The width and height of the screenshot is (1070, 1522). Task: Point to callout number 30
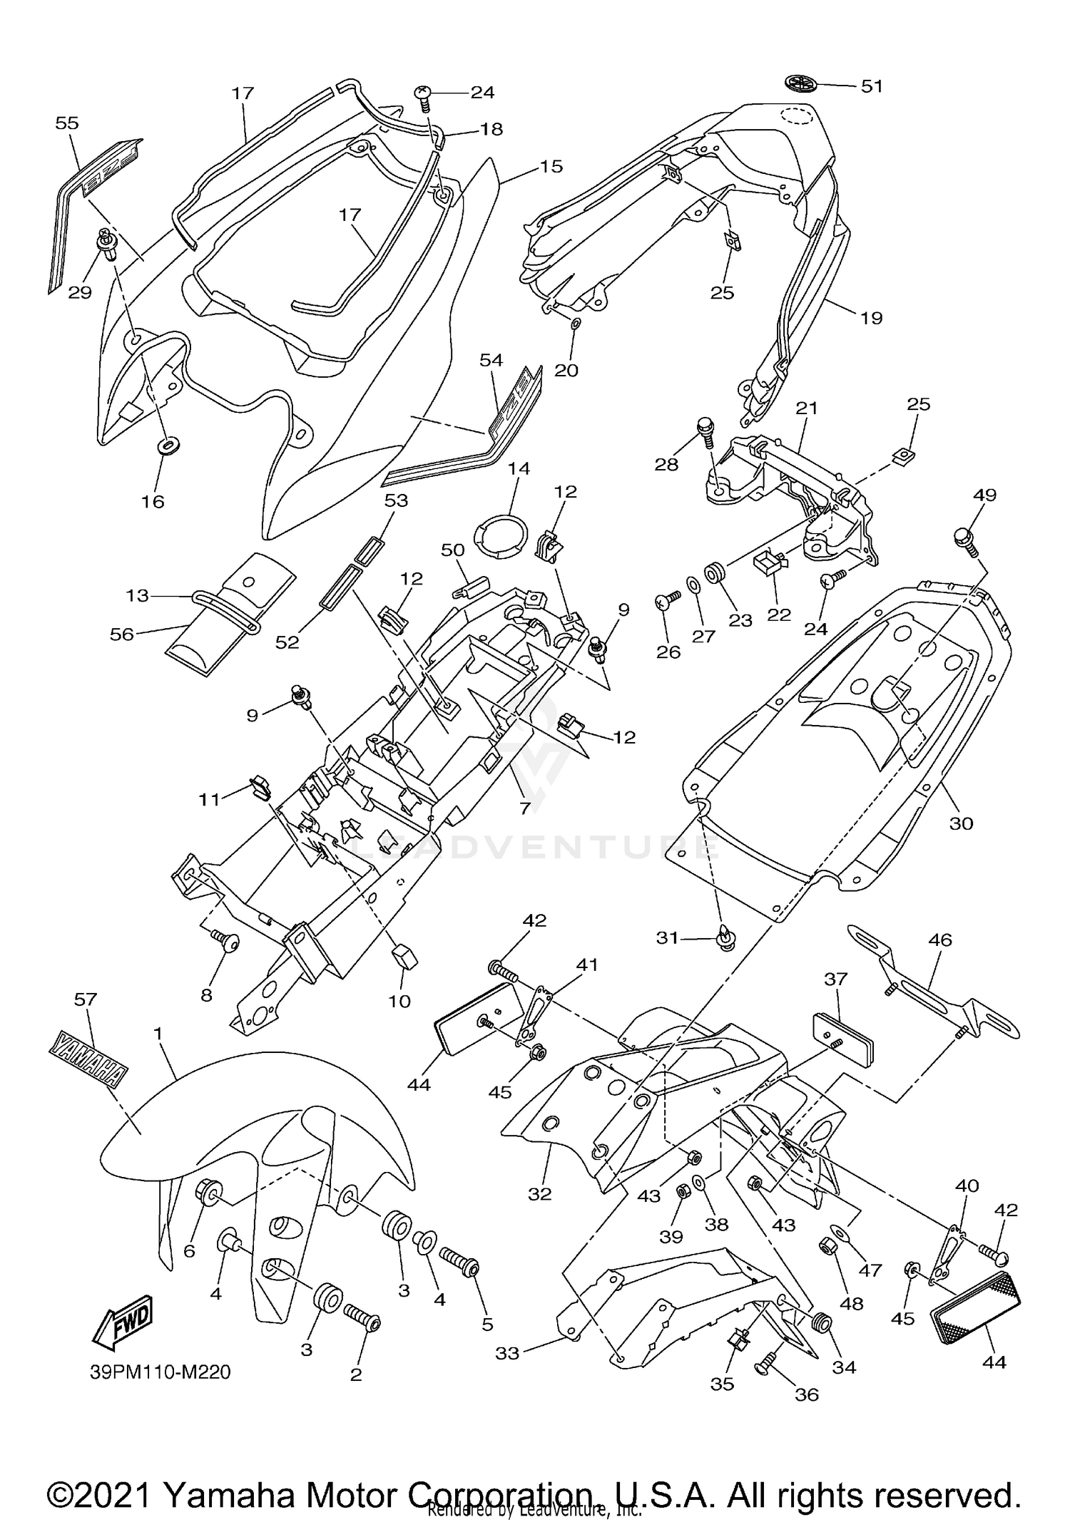(961, 823)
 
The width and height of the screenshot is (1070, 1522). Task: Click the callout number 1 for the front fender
(158, 1033)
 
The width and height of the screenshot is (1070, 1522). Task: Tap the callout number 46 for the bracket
(940, 940)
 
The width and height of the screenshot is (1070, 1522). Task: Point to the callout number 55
(67, 123)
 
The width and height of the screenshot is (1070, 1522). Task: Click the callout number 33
(507, 1352)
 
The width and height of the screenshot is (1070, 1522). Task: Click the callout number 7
(525, 808)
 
